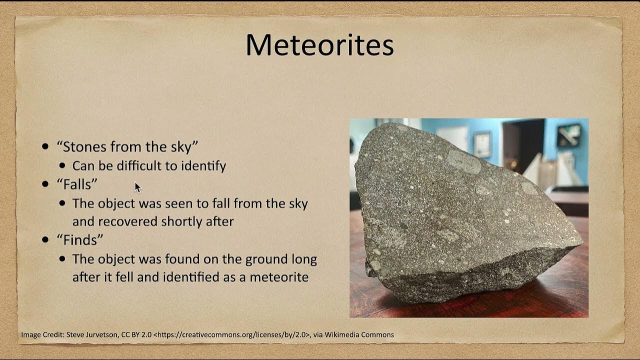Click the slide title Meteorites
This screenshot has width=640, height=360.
pos(319,45)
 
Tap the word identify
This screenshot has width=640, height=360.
pos(203,166)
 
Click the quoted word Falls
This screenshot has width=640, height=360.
pos(77,184)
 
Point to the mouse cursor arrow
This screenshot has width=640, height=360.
pos(137,186)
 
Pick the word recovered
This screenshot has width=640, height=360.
pos(126,221)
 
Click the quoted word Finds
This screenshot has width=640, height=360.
pos(80,239)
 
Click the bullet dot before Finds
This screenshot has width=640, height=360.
pos(46,239)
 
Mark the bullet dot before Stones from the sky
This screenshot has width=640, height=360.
pos(46,146)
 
